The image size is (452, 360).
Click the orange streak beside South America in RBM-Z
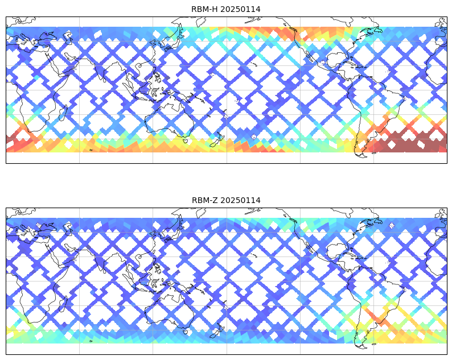point(376,318)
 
